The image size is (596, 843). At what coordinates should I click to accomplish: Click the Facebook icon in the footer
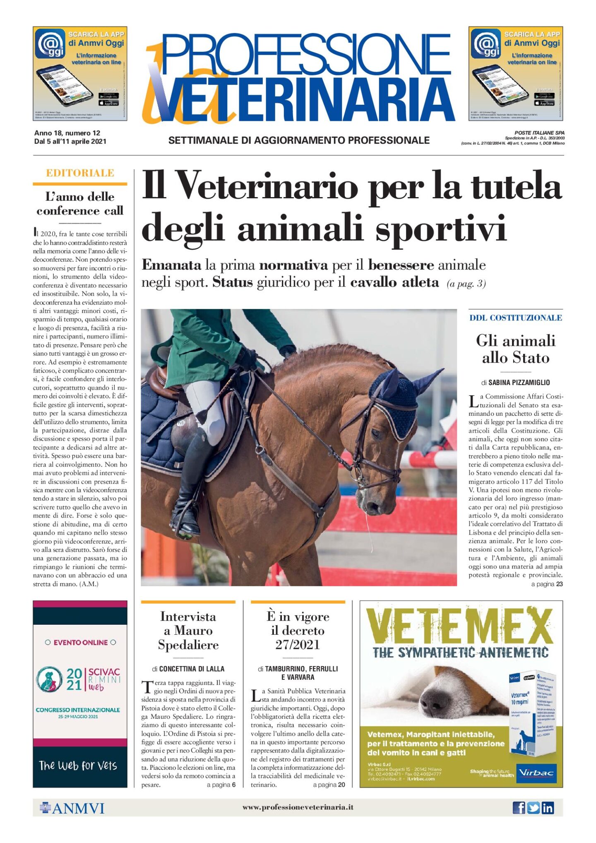pos(519,807)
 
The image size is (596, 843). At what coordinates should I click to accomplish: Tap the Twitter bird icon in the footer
pos(533,807)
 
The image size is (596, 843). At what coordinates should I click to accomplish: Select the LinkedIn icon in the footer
pos(548,807)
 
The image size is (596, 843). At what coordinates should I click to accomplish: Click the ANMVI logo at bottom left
pos(72,808)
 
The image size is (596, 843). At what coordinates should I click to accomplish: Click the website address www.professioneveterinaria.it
pos(298,807)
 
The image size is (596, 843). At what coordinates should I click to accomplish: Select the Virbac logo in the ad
pos(536,772)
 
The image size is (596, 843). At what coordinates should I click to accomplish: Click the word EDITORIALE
pos(80,173)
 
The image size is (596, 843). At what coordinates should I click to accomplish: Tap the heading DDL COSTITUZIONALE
pos(515,318)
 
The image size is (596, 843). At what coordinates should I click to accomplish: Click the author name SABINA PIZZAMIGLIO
pos(519,382)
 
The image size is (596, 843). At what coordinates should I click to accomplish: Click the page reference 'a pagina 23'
pos(547,584)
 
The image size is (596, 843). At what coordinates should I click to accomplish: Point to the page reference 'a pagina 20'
pos(329,785)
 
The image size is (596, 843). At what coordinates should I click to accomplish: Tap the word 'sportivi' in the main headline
pos(441,227)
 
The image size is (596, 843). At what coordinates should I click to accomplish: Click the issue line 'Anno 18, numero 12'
pos(67,133)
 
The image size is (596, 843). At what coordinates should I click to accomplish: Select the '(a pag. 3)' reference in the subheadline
pos(466,284)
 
